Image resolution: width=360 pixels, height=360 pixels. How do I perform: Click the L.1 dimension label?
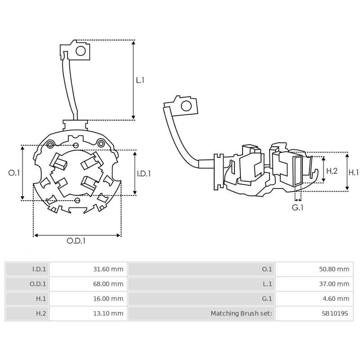click(140, 80)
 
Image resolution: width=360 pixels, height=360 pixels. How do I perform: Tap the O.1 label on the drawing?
click(14, 173)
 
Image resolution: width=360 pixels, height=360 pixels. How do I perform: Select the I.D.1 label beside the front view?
click(144, 173)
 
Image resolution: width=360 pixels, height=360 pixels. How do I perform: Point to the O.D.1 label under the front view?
click(76, 241)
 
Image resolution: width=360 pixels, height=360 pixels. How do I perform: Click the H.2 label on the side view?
click(332, 171)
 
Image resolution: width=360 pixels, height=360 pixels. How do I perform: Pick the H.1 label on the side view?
click(354, 172)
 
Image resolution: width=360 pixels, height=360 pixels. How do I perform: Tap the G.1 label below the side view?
click(298, 207)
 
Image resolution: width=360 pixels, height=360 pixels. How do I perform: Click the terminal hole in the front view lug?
click(81, 51)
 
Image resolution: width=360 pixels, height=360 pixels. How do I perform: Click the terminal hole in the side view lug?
click(185, 106)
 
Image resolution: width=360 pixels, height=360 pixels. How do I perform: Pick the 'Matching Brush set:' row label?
click(241, 313)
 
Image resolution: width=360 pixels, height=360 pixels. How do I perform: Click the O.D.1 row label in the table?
click(39, 284)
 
